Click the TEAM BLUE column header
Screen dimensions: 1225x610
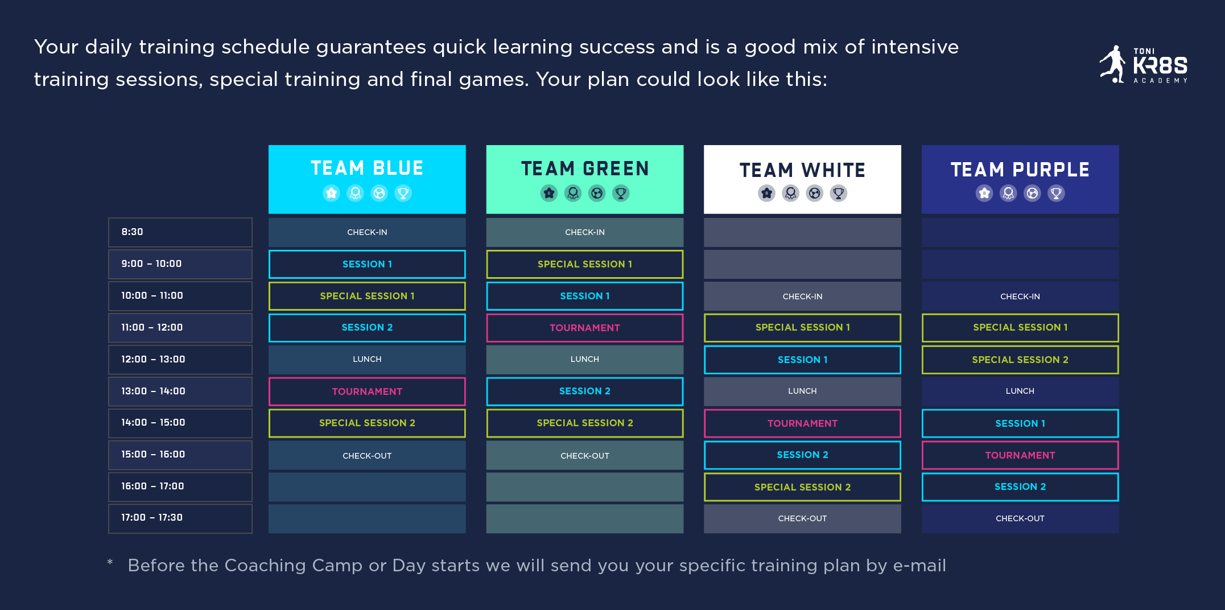(367, 179)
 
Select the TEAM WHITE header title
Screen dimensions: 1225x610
(802, 170)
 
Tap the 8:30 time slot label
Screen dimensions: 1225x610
(132, 232)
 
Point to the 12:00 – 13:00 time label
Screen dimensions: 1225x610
(153, 359)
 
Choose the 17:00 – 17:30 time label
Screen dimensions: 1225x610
(152, 517)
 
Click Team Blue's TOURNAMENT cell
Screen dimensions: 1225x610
(367, 391)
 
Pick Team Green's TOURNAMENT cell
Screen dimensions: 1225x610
(585, 328)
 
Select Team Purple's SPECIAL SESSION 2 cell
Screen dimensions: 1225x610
(1020, 360)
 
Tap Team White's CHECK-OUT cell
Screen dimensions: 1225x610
(802, 518)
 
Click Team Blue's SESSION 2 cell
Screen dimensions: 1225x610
(367, 328)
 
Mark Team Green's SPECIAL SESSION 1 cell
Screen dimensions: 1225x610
(585, 264)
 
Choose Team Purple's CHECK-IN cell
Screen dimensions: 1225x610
(1020, 296)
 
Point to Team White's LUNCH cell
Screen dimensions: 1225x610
(802, 391)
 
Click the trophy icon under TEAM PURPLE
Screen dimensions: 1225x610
(1056, 193)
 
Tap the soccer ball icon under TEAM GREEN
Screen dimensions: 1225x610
(597, 193)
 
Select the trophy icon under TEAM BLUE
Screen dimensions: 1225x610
(403, 193)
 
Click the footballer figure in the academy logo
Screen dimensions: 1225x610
(1113, 64)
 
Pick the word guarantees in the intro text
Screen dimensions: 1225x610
(371, 47)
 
